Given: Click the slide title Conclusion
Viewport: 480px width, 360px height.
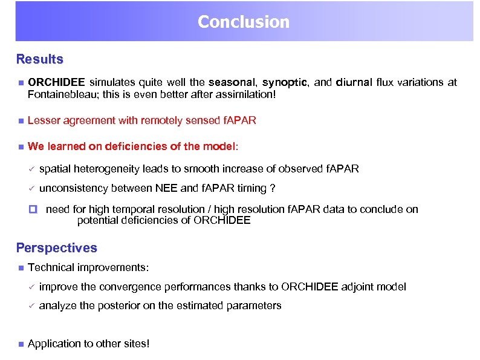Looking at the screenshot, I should pos(243,22).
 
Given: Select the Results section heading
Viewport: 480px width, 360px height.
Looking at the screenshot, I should pos(39,59).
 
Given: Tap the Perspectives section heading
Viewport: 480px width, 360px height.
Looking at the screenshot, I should pos(56,248).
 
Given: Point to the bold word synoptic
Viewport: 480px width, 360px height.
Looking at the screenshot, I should pos(285,82).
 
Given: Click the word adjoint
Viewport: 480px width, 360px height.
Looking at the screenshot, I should pos(358,287).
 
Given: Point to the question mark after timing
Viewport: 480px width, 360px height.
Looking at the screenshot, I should pos(273,188).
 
